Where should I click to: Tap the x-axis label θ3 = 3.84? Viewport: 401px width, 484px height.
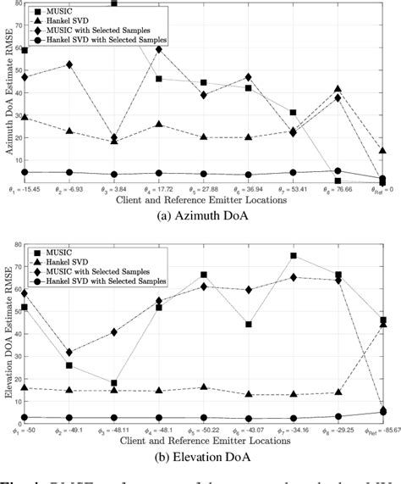pos(114,192)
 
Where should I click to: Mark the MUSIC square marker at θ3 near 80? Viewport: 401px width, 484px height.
pos(114,3)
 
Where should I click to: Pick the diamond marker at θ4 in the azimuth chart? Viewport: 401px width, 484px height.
pos(159,49)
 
